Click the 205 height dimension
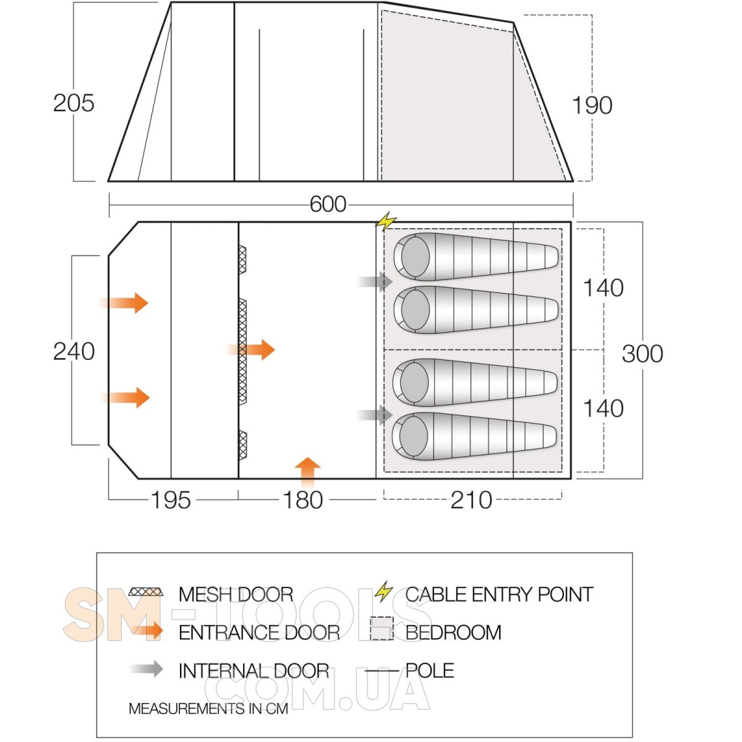(74, 103)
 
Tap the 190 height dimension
(592, 105)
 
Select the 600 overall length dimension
(328, 204)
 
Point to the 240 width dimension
(74, 351)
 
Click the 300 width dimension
(642, 354)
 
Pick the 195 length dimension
(171, 500)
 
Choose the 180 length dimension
(303, 500)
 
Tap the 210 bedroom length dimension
(471, 500)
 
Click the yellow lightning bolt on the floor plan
(387, 221)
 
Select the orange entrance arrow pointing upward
(307, 471)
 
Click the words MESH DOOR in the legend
(236, 594)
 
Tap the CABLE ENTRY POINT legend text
(499, 594)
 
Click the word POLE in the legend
(430, 670)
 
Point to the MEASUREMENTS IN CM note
(208, 709)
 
